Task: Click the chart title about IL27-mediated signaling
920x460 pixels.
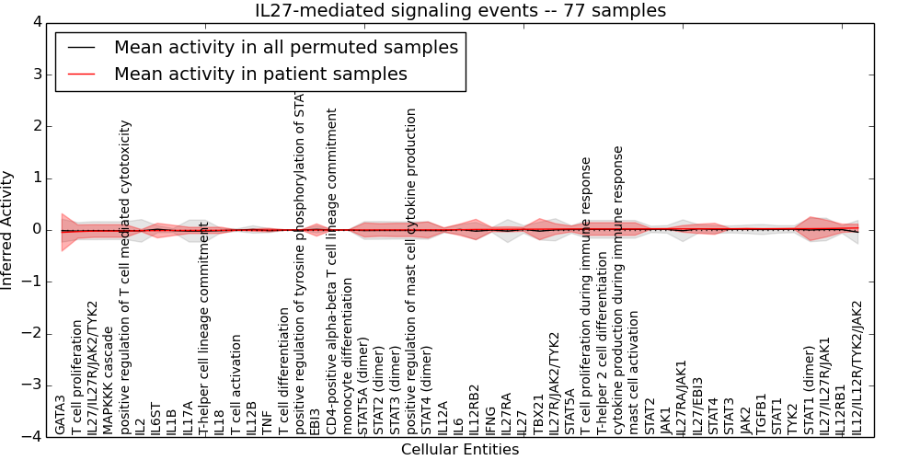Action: (460, 10)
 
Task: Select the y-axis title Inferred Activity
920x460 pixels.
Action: (8, 230)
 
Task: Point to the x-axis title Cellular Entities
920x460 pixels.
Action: (460, 450)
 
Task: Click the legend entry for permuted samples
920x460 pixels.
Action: (285, 48)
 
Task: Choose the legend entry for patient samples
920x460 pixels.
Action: (260, 75)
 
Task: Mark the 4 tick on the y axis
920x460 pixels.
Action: (36, 22)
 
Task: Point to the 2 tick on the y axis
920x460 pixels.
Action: (36, 126)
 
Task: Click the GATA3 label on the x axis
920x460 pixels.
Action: (61, 415)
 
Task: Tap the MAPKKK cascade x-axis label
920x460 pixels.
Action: (109, 380)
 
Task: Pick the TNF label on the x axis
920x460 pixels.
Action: (267, 422)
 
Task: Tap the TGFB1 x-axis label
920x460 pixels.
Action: (761, 414)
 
